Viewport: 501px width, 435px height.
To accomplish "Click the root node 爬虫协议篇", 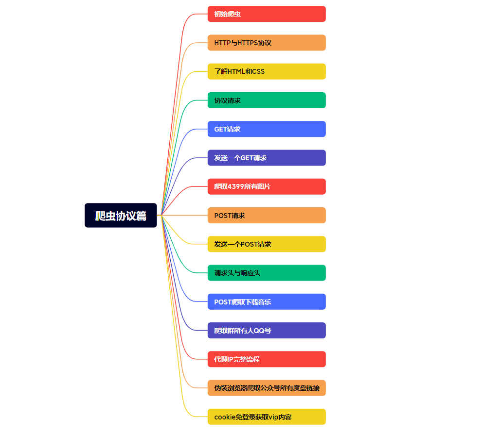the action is click(121, 215).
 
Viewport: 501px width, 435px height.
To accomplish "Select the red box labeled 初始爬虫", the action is click(267, 14).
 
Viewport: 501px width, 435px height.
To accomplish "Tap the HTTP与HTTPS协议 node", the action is click(267, 43).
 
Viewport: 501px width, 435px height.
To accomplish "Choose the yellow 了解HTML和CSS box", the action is click(267, 71).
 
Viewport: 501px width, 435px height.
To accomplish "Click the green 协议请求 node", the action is click(267, 100).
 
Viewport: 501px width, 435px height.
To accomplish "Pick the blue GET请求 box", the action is click(267, 129).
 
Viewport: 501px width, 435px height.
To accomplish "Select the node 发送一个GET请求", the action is click(267, 158).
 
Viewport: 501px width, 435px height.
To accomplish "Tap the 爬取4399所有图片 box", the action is click(267, 186).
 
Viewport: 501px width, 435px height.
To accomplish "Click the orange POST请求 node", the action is click(267, 215).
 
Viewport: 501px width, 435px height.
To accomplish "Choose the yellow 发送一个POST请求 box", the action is click(267, 244).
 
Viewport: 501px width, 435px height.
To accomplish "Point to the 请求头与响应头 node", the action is click(267, 273).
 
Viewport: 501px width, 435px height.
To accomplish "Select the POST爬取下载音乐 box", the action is click(267, 301).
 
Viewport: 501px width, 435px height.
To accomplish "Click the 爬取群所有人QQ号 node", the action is click(267, 331).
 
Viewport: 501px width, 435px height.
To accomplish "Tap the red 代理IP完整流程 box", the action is click(267, 359).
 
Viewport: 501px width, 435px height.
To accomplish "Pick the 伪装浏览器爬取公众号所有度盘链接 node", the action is click(267, 388).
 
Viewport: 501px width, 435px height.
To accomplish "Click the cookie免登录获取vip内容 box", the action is click(267, 417).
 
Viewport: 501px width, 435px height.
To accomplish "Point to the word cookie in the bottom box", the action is click(225, 417).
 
